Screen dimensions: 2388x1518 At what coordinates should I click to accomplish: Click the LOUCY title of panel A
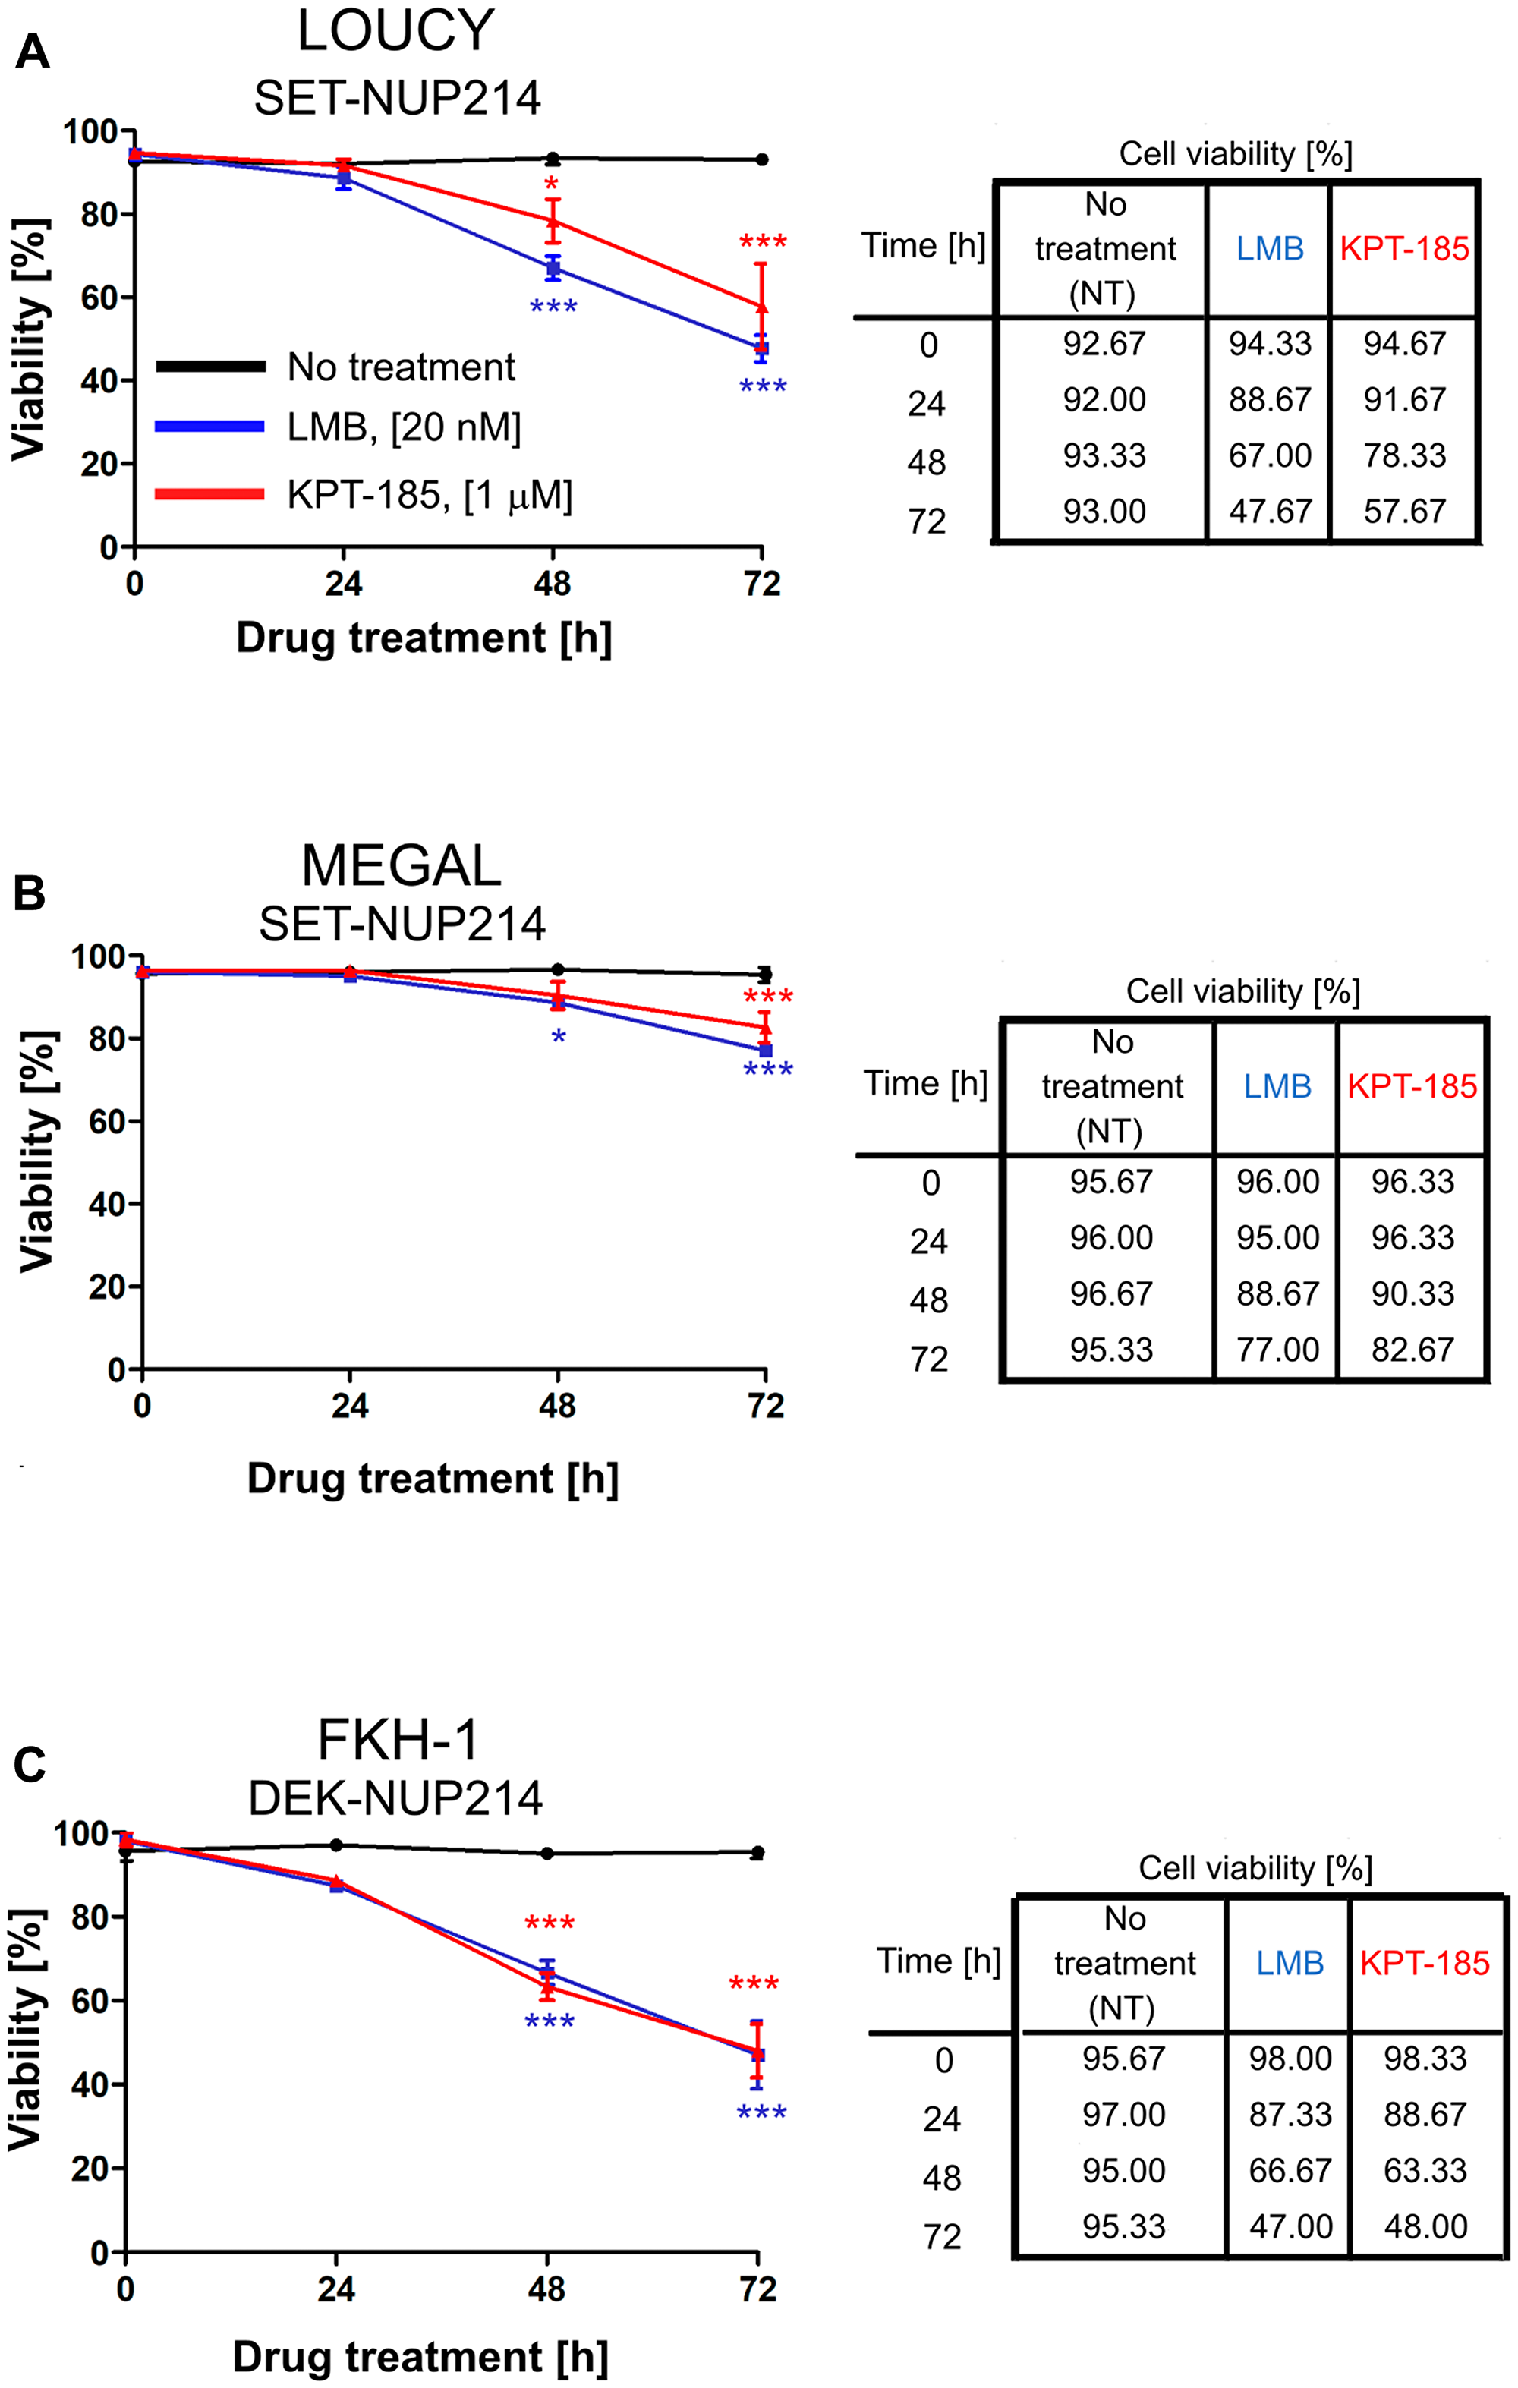[395, 31]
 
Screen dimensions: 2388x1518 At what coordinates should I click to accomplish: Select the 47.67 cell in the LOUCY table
[1269, 512]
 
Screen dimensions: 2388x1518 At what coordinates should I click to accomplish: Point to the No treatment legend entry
[401, 367]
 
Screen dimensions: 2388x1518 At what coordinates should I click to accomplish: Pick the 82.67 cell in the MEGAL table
[1412, 1350]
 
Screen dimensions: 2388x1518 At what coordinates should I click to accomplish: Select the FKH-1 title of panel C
[398, 1740]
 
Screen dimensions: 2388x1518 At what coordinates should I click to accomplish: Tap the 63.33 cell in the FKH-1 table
[1424, 2170]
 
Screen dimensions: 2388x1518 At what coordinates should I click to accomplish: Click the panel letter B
[30, 893]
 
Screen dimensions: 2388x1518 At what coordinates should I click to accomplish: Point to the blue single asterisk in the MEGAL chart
[558, 1038]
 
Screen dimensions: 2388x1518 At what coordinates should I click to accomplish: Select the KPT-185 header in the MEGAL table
[1412, 1087]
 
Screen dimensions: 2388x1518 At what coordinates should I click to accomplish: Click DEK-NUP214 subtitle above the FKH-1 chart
[395, 1798]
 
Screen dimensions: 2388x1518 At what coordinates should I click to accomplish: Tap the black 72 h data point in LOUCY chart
[761, 159]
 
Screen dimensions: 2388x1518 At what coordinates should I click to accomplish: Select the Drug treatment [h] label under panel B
[433, 1479]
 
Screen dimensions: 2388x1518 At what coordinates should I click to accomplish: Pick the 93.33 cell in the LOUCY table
[1104, 455]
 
